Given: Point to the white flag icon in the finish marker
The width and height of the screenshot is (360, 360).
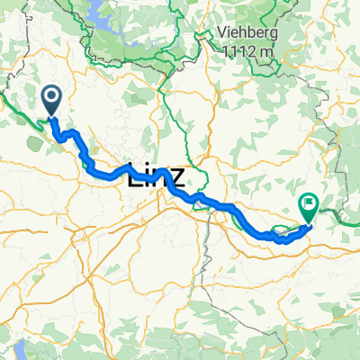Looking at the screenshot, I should coord(310,204).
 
